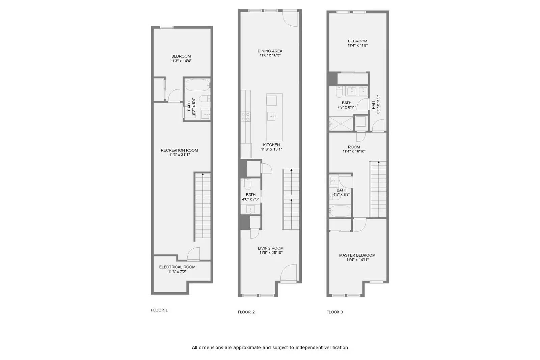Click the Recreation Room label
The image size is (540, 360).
pyautogui.click(x=179, y=150)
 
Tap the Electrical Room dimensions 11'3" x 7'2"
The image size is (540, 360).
pyautogui.click(x=177, y=272)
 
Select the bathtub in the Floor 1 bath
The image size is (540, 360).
pyautogui.click(x=198, y=85)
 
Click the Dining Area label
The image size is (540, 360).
pyautogui.click(x=270, y=51)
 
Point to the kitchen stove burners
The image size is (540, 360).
pyautogui.click(x=246, y=117)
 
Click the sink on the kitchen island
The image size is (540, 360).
pyautogui.click(x=273, y=116)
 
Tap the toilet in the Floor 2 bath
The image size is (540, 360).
pyautogui.click(x=248, y=184)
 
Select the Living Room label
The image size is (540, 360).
pyautogui.click(x=270, y=248)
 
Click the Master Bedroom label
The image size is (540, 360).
pyautogui.click(x=357, y=255)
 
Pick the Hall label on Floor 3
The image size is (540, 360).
pyautogui.click(x=374, y=104)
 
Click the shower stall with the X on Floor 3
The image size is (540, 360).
pyautogui.click(x=341, y=124)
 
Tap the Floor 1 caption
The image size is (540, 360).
pyautogui.click(x=159, y=310)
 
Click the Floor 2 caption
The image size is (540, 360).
pyautogui.click(x=246, y=312)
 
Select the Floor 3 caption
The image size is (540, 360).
pyautogui.click(x=334, y=312)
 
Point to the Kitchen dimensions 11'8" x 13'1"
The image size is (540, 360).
pyautogui.click(x=271, y=149)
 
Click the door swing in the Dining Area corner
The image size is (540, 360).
pyautogui.click(x=290, y=19)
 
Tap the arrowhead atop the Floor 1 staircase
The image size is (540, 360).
pyautogui.click(x=203, y=174)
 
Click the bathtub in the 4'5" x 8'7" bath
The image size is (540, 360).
pyautogui.click(x=340, y=211)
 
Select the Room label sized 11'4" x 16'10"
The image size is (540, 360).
pyautogui.click(x=354, y=147)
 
